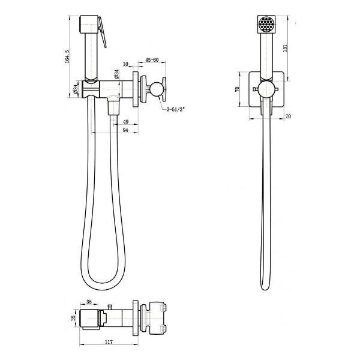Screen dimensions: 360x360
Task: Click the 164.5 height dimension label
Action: [x=67, y=56]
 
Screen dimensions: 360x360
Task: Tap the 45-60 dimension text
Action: [x=152, y=60]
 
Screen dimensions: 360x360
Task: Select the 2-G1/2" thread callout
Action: [x=176, y=109]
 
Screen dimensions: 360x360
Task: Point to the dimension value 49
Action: [x=125, y=121]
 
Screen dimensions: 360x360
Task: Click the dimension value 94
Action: [x=125, y=130]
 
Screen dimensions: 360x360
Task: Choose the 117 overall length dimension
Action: [x=109, y=342]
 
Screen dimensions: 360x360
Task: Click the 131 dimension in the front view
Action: [x=285, y=48]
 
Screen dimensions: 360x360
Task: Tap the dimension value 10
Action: [x=125, y=64]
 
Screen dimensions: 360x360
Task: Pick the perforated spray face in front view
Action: [x=266, y=24]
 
